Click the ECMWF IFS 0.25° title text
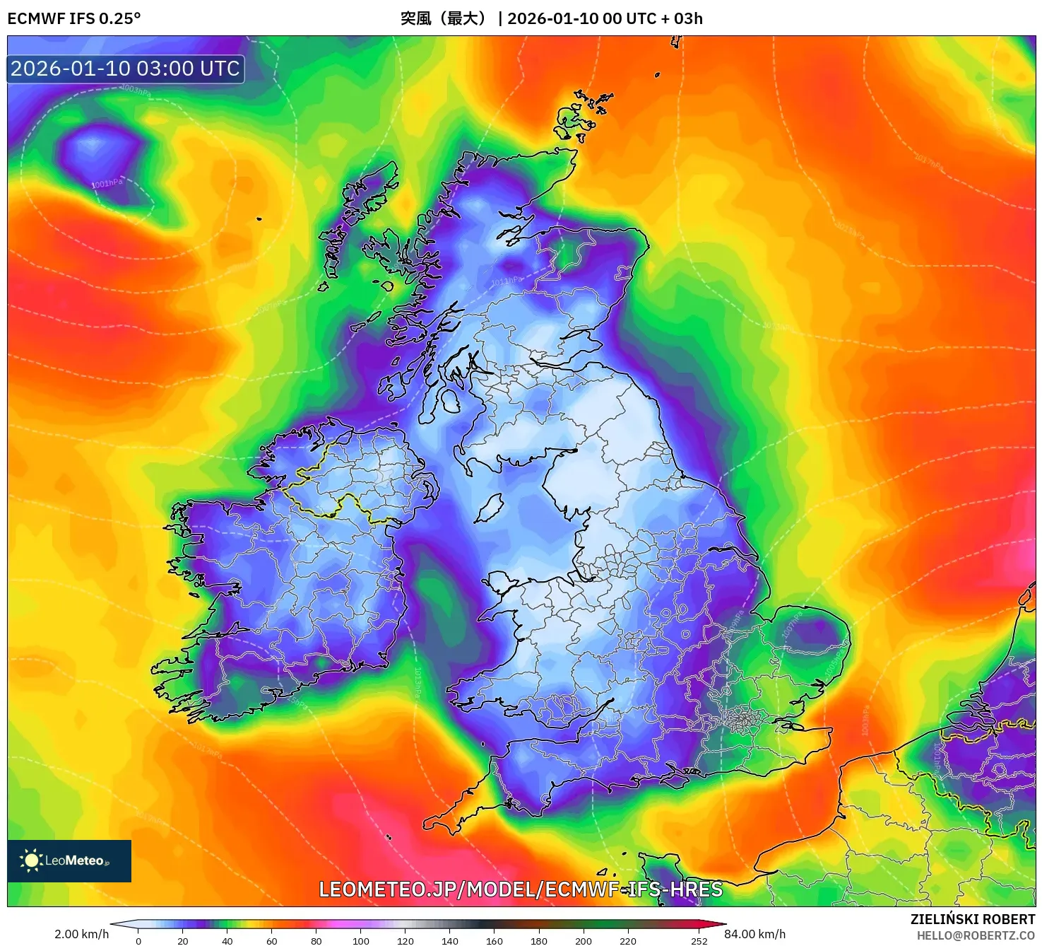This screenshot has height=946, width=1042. pos(74,18)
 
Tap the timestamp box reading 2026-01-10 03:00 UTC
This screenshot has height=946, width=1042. pos(126,69)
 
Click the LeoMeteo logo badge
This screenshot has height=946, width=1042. pos(69,860)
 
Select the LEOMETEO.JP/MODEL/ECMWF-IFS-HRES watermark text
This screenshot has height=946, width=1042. pos(521,889)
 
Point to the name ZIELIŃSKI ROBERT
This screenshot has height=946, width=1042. pos(972,919)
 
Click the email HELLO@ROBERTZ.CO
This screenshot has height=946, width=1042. pos(976,935)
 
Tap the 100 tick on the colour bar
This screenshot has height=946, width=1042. pos(361,940)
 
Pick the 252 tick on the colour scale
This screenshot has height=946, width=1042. pos(699,940)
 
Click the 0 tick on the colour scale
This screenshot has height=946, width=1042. pos(138,940)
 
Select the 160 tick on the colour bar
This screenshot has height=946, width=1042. pos(495,940)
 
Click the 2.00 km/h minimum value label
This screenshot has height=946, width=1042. pos(81,934)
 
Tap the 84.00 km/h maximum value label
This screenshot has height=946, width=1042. pos(755,934)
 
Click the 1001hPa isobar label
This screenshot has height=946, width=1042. pos(107,184)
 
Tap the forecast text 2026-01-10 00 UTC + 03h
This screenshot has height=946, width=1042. pos(605,18)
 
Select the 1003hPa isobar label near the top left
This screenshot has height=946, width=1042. pos(135,90)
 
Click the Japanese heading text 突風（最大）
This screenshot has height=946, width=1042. pos(444,18)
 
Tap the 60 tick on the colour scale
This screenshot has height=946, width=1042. pos(272,940)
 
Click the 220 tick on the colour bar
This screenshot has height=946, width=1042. pos(628,940)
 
